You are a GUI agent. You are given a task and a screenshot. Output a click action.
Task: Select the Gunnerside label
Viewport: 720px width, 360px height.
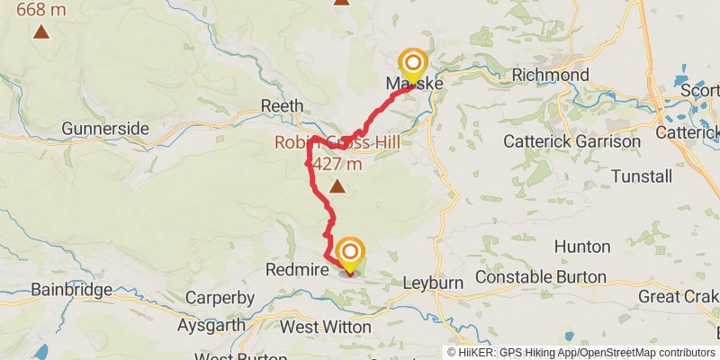click(105, 129)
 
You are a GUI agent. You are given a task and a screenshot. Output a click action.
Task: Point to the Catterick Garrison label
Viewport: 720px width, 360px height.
click(571, 141)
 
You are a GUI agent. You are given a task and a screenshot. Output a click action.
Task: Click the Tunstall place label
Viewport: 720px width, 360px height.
click(641, 175)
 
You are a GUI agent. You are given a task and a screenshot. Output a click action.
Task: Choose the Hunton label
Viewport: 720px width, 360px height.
click(581, 246)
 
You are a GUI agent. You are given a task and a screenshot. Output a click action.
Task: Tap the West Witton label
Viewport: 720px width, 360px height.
click(325, 327)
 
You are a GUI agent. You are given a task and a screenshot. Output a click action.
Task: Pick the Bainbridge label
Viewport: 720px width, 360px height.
click(71, 290)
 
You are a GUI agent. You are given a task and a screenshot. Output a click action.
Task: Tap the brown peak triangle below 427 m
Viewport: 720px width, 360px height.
click(337, 186)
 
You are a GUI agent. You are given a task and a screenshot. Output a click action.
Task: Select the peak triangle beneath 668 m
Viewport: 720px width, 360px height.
click(41, 33)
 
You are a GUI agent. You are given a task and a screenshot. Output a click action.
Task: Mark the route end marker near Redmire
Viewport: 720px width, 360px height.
click(349, 252)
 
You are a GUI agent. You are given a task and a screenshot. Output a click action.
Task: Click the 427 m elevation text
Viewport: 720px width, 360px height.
click(337, 164)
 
